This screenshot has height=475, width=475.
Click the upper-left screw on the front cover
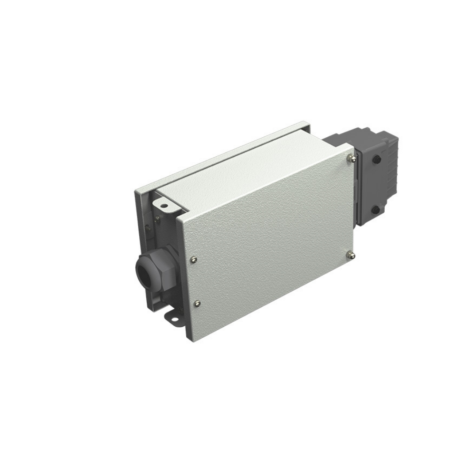(x=193, y=259)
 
